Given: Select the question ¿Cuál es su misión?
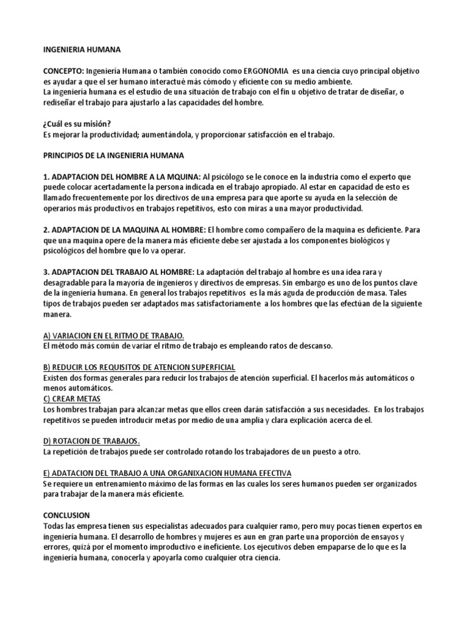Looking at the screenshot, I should click(x=77, y=124).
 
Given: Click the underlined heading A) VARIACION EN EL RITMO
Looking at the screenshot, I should click(x=114, y=335).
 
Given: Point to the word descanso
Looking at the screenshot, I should click(x=313, y=346).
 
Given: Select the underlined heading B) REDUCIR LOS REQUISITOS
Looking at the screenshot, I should click(x=140, y=367).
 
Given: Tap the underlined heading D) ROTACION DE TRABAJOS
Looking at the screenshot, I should click(x=92, y=441).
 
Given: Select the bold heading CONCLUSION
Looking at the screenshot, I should click(x=66, y=515).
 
